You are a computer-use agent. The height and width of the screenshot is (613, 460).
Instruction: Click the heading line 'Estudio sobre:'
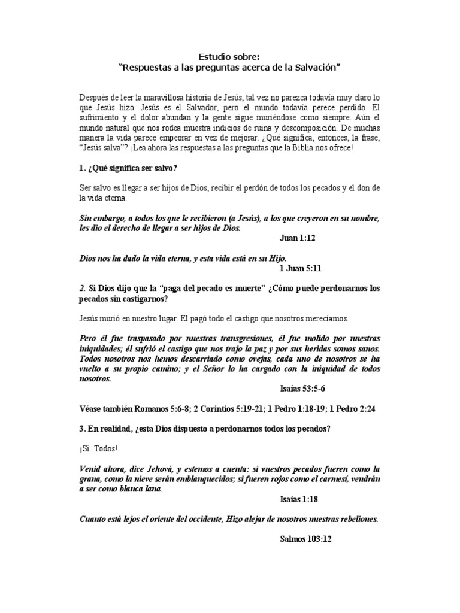click(x=230, y=57)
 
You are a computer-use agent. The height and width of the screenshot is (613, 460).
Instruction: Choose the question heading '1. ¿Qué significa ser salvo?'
click(x=128, y=168)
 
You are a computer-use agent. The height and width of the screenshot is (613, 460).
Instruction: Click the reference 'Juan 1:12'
click(x=297, y=238)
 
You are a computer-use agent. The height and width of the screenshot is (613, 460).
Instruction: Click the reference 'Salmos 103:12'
click(x=305, y=539)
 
